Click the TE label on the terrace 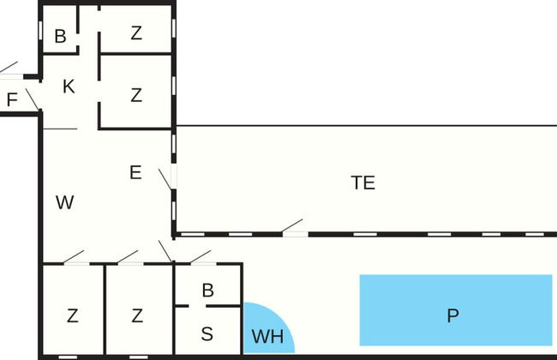pyautogui.click(x=363, y=183)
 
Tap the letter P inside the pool pyautogui.click(x=453, y=316)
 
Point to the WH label pyautogui.click(x=268, y=337)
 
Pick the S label pyautogui.click(x=207, y=334)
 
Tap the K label pyautogui.click(x=69, y=87)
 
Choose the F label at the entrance pyautogui.click(x=11, y=100)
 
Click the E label pyautogui.click(x=135, y=172)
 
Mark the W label pyautogui.click(x=64, y=203)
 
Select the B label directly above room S pyautogui.click(x=207, y=291)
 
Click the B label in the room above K pyautogui.click(x=60, y=37)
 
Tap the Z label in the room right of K pyautogui.click(x=136, y=95)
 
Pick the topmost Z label pyautogui.click(x=136, y=34)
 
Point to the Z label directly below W pyautogui.click(x=72, y=315)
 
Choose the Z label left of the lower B pyautogui.click(x=137, y=315)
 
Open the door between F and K pyautogui.click(x=33, y=99)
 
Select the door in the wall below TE pyautogui.click(x=293, y=229)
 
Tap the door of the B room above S pyautogui.click(x=201, y=258)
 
